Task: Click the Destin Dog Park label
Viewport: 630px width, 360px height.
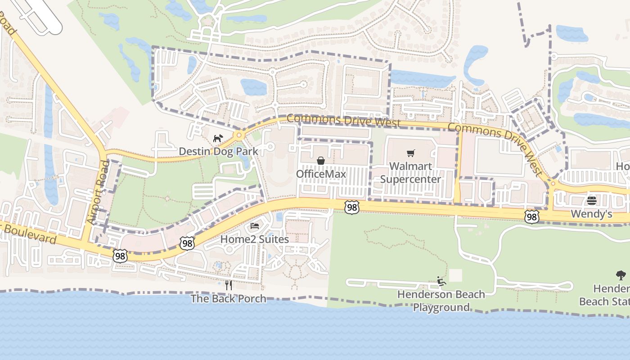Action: click(219, 151)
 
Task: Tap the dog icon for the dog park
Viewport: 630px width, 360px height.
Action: click(218, 138)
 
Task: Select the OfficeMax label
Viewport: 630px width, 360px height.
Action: click(321, 174)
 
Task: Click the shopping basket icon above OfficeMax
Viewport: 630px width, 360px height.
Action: click(321, 161)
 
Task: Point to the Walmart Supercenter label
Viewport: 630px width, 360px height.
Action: click(410, 173)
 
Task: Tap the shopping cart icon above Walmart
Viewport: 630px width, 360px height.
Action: click(410, 153)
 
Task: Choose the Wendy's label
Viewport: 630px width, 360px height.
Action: click(591, 214)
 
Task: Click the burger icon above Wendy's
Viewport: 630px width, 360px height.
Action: click(591, 201)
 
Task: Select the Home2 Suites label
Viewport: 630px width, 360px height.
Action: click(254, 239)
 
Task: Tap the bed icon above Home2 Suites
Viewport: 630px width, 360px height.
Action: click(254, 225)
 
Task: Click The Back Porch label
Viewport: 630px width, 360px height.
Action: click(228, 298)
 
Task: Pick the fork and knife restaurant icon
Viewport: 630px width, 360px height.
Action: click(228, 285)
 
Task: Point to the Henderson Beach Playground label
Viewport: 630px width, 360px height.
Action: click(441, 301)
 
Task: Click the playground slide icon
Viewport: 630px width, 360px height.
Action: click(441, 282)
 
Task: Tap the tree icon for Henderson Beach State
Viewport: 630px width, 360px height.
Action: click(621, 275)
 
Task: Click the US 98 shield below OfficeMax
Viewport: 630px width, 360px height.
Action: click(352, 207)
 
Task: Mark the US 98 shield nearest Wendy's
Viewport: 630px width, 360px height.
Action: click(532, 217)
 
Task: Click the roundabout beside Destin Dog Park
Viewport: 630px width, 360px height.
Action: click(239, 135)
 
